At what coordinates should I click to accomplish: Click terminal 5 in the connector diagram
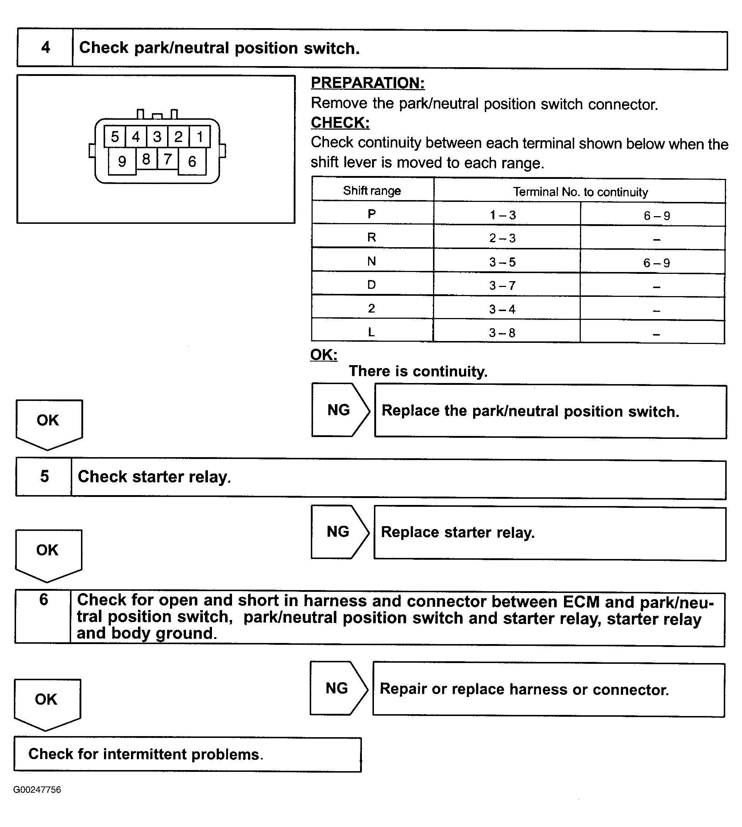[115, 137]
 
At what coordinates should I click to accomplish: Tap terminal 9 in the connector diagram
[122, 161]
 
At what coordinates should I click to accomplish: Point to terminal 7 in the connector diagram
[167, 159]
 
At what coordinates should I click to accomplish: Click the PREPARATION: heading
[368, 83]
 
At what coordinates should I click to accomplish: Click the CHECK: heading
[340, 122]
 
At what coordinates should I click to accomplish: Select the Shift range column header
[372, 191]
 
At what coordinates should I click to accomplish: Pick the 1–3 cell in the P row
[503, 215]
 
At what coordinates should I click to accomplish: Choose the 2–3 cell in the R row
[502, 238]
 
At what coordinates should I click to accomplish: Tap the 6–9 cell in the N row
[656, 262]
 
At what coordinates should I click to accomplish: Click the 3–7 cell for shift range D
[502, 286]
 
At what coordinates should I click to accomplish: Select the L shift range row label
[371, 332]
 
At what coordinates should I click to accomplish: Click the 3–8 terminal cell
[502, 333]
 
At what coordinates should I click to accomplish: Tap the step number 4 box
[45, 48]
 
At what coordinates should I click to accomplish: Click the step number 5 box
[44, 476]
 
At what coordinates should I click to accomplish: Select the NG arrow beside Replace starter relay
[339, 532]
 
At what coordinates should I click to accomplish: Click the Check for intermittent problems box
[188, 754]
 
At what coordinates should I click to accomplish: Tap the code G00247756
[37, 789]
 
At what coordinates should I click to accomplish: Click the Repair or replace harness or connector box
[548, 689]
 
